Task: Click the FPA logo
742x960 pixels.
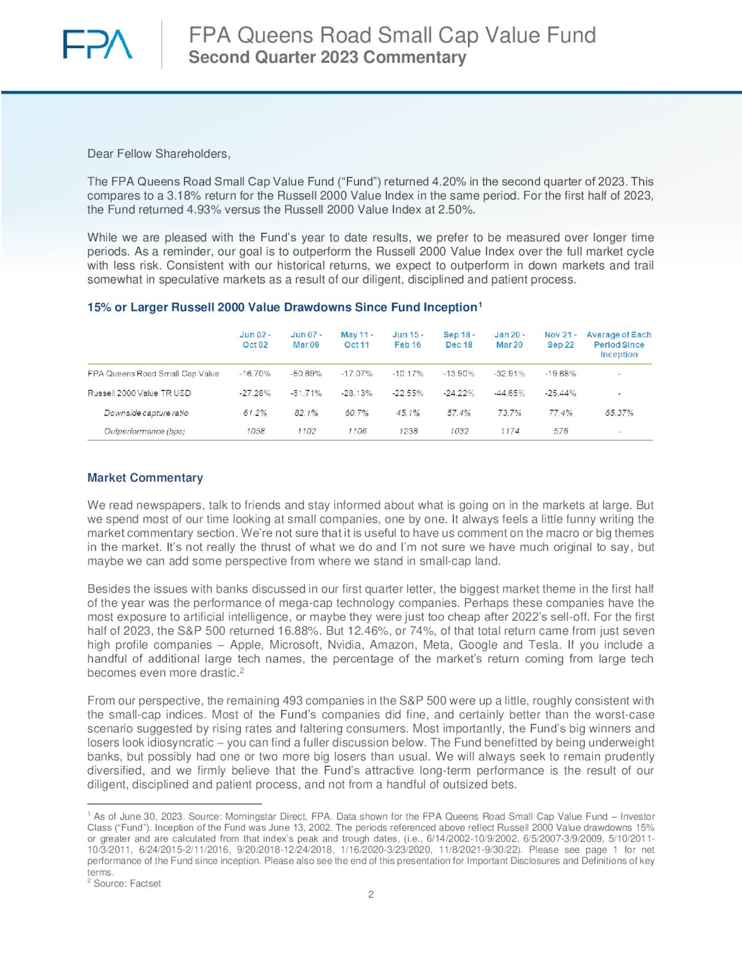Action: [x=97, y=44]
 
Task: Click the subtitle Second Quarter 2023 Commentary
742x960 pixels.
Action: [x=327, y=57]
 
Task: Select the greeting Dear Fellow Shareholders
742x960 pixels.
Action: [x=159, y=154]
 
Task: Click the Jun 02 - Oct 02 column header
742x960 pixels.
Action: [x=255, y=340]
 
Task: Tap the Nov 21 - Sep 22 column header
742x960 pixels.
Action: [x=561, y=340]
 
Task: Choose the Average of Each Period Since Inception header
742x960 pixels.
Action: [x=619, y=344]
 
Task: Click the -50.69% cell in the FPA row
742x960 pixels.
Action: [x=306, y=373]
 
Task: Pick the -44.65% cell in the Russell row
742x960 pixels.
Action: [x=510, y=393]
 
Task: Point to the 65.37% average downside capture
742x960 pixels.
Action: [x=619, y=413]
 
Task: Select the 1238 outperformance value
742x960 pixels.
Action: [x=408, y=431]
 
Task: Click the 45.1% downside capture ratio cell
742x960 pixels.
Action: [x=408, y=413]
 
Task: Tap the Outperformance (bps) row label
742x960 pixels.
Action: [x=144, y=431]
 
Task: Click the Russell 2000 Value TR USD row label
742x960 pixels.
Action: [x=139, y=393]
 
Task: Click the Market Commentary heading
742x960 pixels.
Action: [x=145, y=478]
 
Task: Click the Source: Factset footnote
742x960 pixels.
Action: [x=127, y=883]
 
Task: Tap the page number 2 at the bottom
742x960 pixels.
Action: [x=371, y=894]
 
